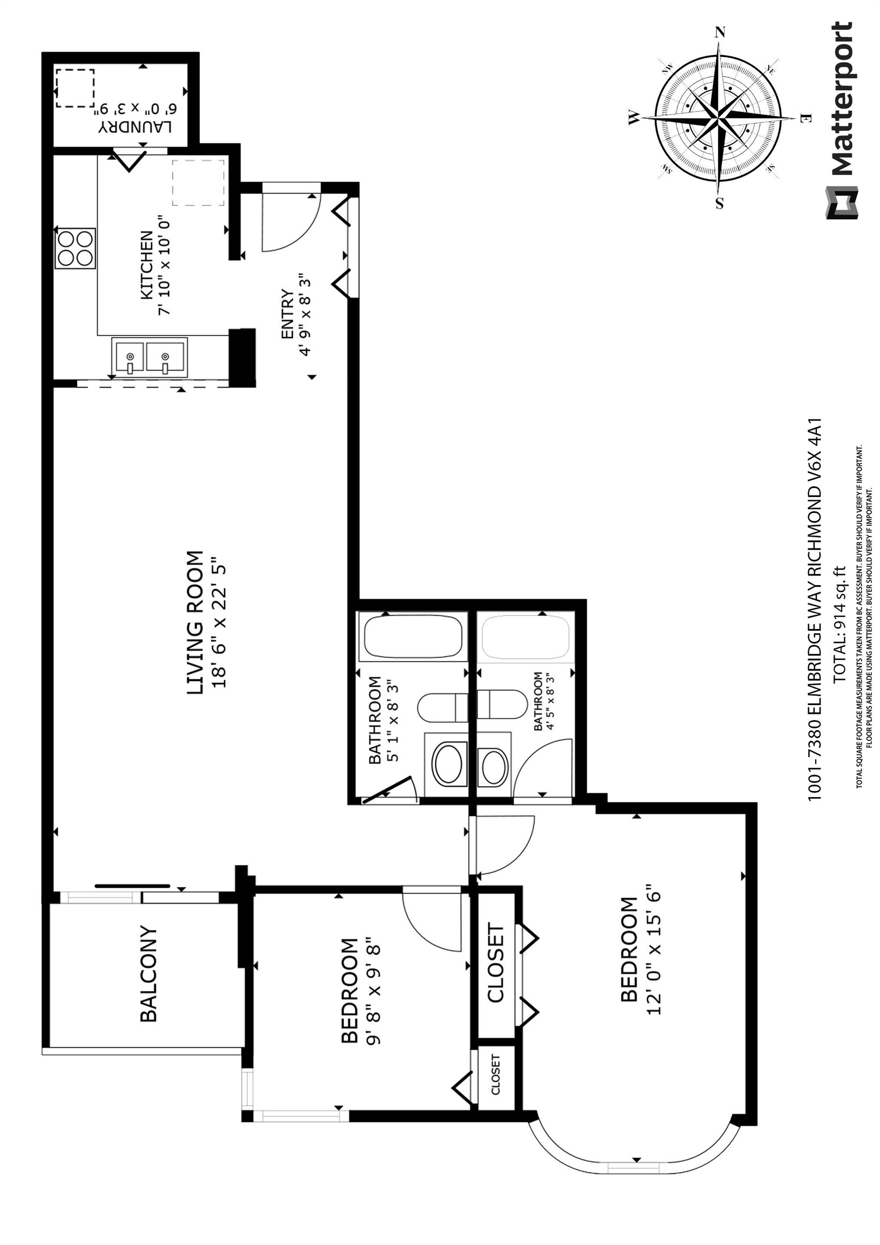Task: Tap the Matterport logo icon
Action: coord(842,203)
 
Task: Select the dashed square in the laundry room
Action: coord(75,88)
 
